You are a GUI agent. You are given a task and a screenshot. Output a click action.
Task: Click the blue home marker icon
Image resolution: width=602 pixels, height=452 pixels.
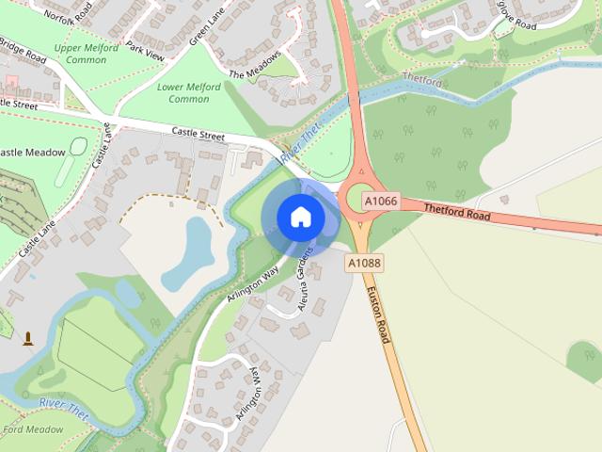300,218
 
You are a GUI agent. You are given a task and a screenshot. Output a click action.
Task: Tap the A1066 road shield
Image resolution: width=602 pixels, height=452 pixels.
381,202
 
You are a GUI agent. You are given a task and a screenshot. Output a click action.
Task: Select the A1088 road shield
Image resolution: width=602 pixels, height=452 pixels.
364,264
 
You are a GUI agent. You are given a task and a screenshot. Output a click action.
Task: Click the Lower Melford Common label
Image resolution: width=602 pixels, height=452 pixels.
189,93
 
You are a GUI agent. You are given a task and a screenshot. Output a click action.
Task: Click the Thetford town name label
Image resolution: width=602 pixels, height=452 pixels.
421,82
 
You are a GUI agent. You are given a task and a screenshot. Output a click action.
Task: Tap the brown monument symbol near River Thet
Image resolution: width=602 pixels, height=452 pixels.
28,338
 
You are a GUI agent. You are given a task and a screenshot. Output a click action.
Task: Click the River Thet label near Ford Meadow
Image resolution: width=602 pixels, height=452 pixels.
64,408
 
